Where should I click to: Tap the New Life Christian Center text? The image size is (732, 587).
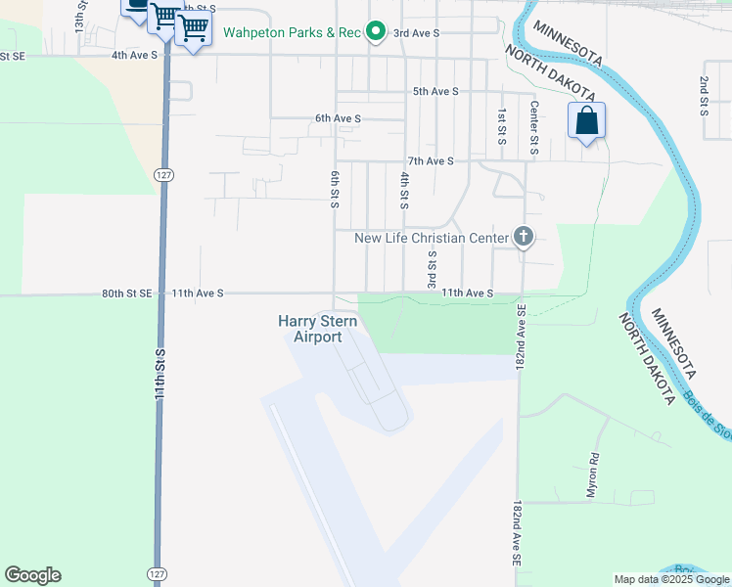[432, 238]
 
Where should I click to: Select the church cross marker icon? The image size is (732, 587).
[524, 237]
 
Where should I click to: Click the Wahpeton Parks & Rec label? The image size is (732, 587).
[293, 32]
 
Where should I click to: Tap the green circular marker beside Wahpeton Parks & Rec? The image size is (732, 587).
[375, 32]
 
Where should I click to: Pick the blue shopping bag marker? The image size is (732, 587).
[586, 121]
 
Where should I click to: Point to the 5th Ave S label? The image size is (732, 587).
[435, 91]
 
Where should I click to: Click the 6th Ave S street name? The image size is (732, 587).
[339, 118]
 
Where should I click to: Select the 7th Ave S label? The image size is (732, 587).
[431, 160]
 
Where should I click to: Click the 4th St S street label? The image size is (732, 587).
[404, 191]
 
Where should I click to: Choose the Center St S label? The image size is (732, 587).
[534, 127]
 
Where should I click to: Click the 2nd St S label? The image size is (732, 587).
[704, 95]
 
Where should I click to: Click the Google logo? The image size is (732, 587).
[32, 575]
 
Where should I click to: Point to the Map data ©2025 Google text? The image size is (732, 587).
[672, 579]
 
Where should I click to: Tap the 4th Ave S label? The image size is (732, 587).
[135, 55]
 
